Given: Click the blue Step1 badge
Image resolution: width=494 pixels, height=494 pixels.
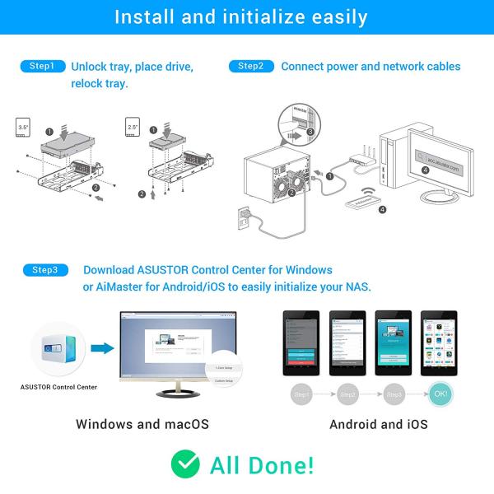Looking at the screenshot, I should pos(42,66).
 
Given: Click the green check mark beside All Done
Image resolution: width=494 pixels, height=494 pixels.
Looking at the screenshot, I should pos(185,464).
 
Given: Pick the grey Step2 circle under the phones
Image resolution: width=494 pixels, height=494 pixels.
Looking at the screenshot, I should pos(348,395).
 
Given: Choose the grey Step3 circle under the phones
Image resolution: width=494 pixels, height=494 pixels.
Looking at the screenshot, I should pos(394,395).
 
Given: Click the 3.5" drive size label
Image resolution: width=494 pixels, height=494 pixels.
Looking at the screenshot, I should pos(24,128).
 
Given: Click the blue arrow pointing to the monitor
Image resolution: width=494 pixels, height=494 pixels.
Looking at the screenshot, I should pos(101,348).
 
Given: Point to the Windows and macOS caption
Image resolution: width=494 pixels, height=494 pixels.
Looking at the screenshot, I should pos(142,425).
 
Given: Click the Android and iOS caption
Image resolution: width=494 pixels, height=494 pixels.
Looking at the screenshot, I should pos(378,425).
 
